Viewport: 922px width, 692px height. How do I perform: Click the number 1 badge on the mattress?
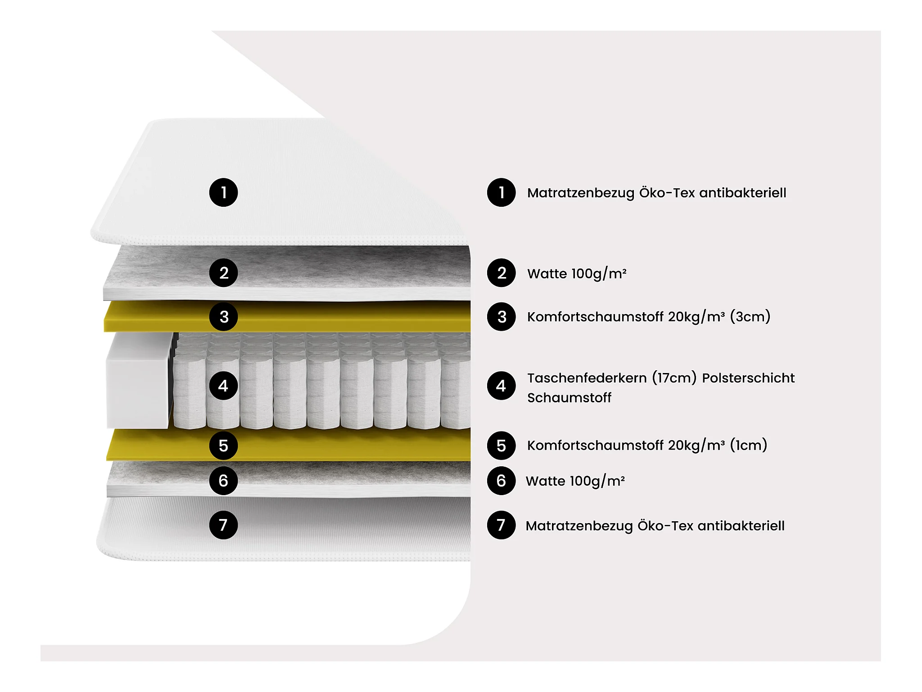223,193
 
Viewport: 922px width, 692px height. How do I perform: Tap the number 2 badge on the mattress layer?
223,273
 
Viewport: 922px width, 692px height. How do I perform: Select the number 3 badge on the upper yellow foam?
223,317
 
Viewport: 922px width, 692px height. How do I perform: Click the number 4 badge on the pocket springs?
223,386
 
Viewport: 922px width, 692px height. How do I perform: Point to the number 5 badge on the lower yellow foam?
223,446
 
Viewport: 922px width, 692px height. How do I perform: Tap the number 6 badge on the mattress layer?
223,481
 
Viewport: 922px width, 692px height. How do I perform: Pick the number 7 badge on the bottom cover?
223,525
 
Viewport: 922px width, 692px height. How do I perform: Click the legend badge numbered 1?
501,193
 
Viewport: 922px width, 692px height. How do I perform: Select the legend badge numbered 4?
501,386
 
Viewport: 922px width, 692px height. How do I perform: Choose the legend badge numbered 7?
501,525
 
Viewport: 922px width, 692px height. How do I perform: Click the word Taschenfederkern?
587,378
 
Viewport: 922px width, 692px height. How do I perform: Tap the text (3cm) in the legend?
750,317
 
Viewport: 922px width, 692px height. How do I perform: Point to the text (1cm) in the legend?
748,446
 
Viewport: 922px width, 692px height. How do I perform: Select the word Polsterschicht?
748,378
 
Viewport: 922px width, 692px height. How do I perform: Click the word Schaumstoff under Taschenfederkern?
569,398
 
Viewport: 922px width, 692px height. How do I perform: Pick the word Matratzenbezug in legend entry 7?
579,526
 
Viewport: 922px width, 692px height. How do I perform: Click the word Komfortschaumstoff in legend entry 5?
595,446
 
